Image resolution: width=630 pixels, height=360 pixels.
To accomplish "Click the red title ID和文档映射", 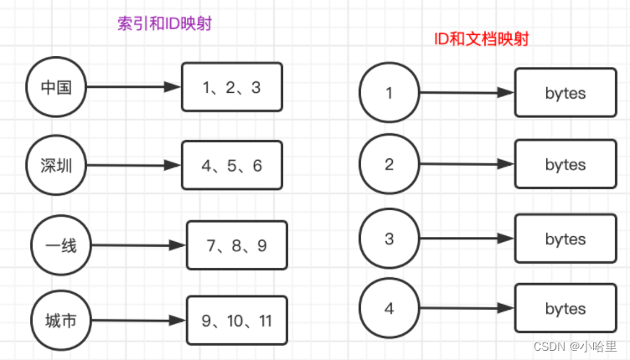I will pyautogui.click(x=481, y=39).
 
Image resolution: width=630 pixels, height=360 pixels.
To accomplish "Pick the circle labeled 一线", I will pyautogui.click(x=59, y=245).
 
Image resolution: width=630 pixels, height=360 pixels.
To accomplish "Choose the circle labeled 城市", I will pyautogui.click(x=59, y=319).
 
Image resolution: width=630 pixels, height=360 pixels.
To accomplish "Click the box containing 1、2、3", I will pyautogui.click(x=232, y=87).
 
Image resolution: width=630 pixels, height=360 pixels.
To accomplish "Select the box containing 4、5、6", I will pyautogui.click(x=232, y=166).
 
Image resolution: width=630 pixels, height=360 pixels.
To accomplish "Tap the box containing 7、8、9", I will pyautogui.click(x=236, y=245).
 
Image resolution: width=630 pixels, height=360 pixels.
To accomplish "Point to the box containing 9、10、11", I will pyautogui.click(x=236, y=320).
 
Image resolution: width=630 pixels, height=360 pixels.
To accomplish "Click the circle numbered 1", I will pyautogui.click(x=389, y=93).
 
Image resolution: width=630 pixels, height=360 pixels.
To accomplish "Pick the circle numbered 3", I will pyautogui.click(x=389, y=239).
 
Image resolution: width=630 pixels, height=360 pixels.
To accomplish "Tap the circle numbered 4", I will pyautogui.click(x=389, y=309).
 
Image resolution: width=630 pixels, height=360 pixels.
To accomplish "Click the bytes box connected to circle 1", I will pyautogui.click(x=565, y=93).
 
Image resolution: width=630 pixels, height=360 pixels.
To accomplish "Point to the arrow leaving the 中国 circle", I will pyautogui.click(x=134, y=87).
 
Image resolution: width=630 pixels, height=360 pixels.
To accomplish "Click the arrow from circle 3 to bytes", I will pyautogui.click(x=466, y=239).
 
